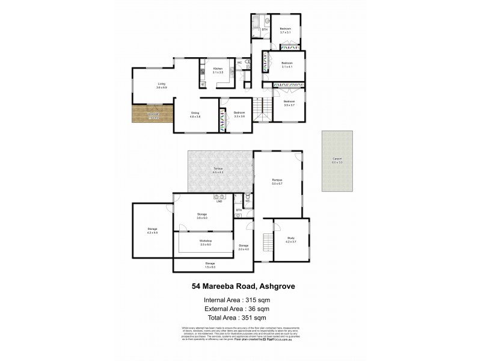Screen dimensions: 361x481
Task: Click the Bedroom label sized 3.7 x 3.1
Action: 285,29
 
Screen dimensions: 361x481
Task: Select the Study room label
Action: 290,239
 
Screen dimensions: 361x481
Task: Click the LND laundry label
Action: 219,202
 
